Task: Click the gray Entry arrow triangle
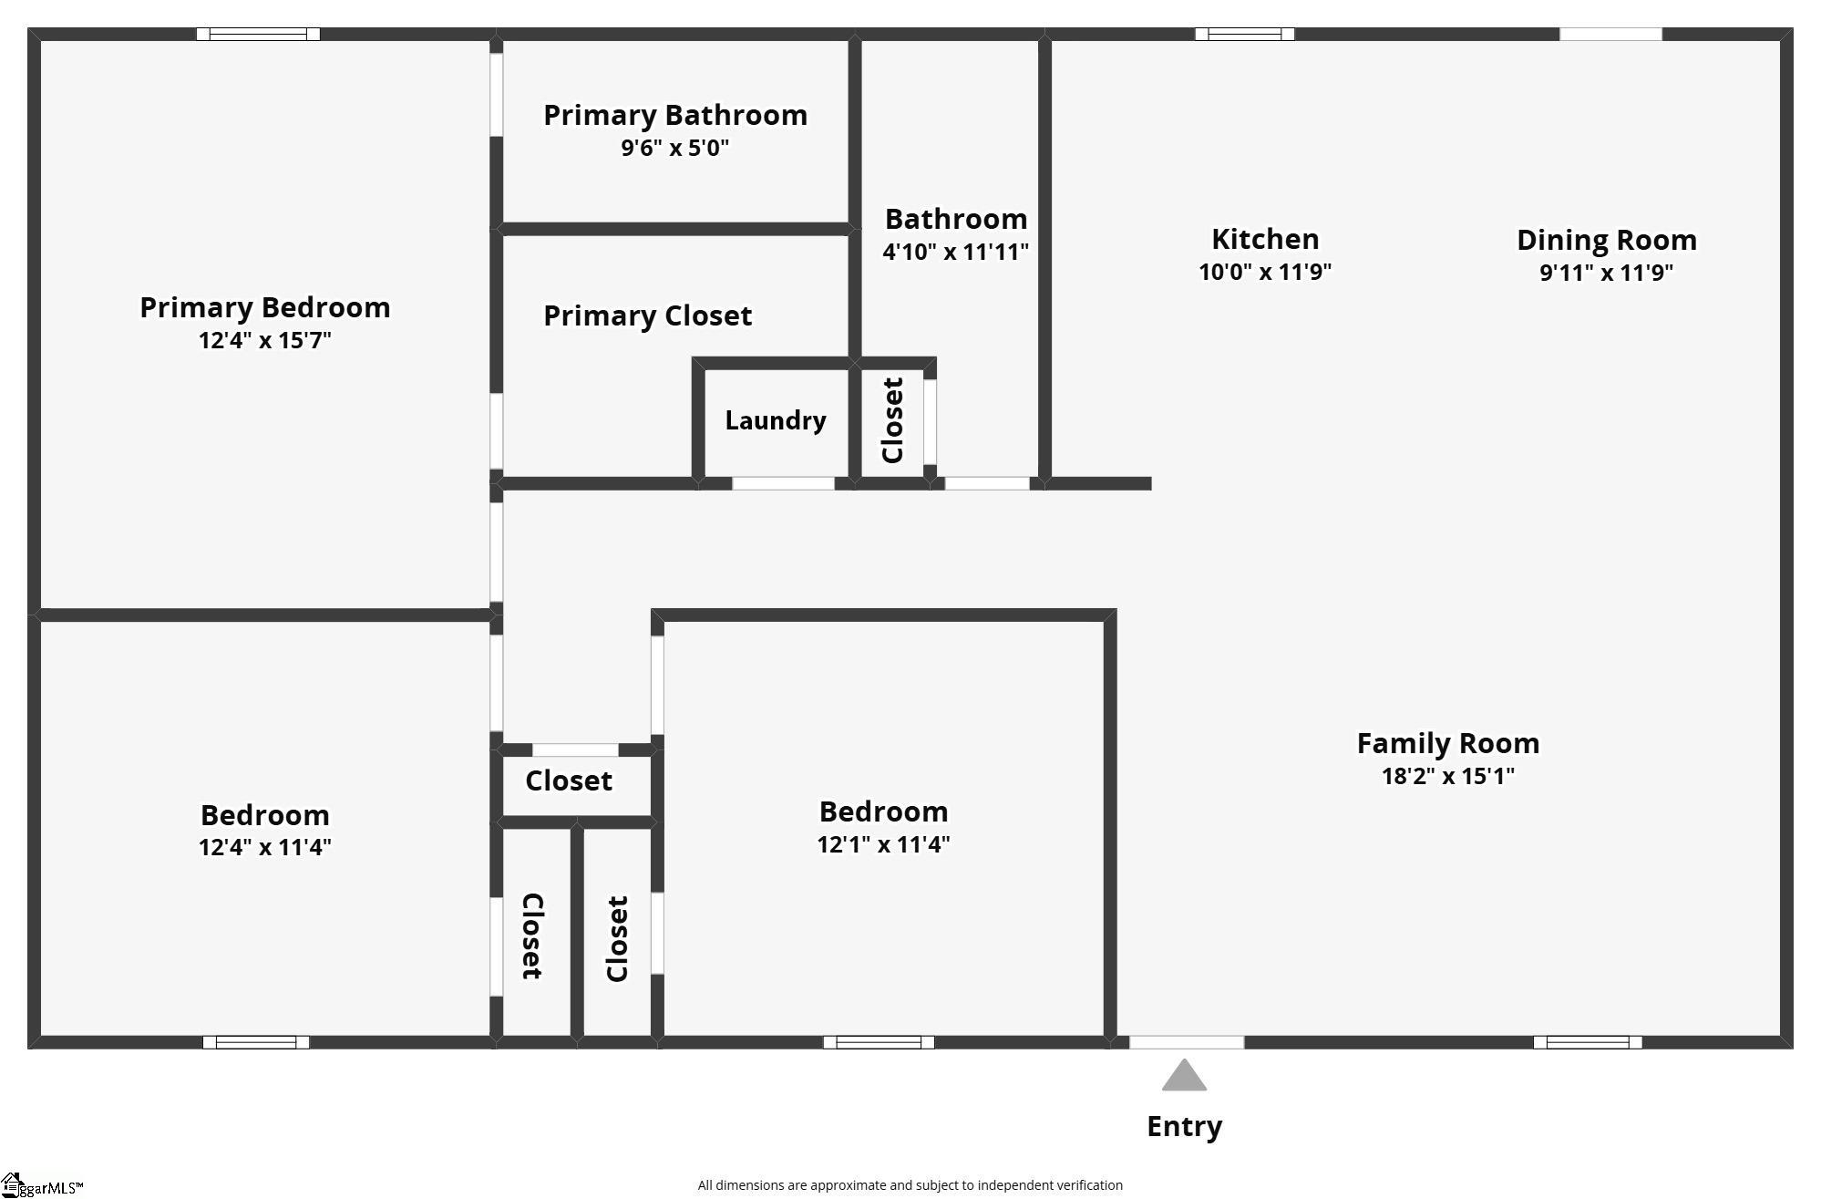(1184, 1076)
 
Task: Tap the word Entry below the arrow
(1184, 1127)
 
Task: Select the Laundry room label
(776, 420)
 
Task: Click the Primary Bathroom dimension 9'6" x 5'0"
(675, 148)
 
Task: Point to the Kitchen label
(1265, 239)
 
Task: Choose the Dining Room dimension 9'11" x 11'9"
(1607, 273)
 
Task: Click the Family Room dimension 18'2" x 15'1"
(1448, 776)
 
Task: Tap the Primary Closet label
(648, 315)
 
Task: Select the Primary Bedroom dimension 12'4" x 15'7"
(265, 340)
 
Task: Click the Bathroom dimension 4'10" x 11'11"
(956, 252)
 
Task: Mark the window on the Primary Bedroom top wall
(259, 35)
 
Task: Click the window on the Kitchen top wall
(1245, 35)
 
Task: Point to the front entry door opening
(1187, 1042)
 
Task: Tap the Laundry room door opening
(784, 483)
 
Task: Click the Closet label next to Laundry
(893, 420)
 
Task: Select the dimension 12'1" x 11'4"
(884, 844)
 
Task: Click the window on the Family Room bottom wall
(1588, 1042)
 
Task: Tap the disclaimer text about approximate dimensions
(910, 1185)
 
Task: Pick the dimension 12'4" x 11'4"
(265, 847)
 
